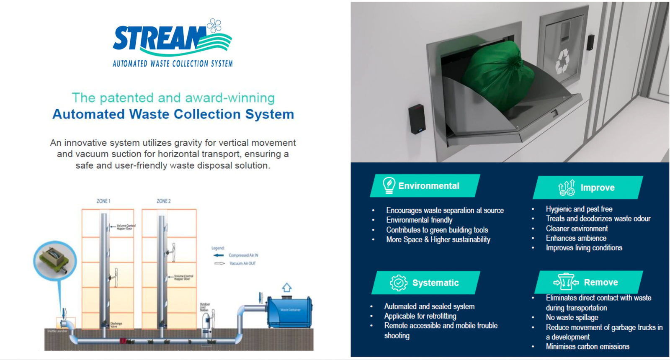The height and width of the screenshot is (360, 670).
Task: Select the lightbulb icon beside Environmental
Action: pos(389,185)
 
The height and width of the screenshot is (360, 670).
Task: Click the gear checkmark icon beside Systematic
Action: pos(398,283)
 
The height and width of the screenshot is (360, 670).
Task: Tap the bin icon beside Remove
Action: pos(566,282)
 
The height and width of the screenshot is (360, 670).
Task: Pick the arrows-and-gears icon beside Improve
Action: pos(567,188)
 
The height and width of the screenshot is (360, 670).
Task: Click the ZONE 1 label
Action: pos(103,201)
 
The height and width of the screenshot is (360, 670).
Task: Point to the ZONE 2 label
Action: pos(163,201)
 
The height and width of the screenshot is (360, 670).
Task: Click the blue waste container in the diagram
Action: pos(290,311)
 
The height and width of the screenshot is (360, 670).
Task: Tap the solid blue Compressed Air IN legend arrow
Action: pos(219,255)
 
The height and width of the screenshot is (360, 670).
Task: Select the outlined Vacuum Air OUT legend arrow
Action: pos(219,263)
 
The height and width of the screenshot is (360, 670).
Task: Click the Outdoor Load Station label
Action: pos(205,307)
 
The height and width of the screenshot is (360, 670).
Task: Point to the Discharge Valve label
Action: pos(116,325)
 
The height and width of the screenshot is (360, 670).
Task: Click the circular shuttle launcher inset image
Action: pos(55,260)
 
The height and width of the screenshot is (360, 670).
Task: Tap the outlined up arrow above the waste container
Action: pos(286,288)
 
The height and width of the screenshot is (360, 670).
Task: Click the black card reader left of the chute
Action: pos(417,118)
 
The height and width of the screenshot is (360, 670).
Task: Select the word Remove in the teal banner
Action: pos(600,283)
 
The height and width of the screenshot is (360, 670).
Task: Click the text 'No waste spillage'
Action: pos(572,318)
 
